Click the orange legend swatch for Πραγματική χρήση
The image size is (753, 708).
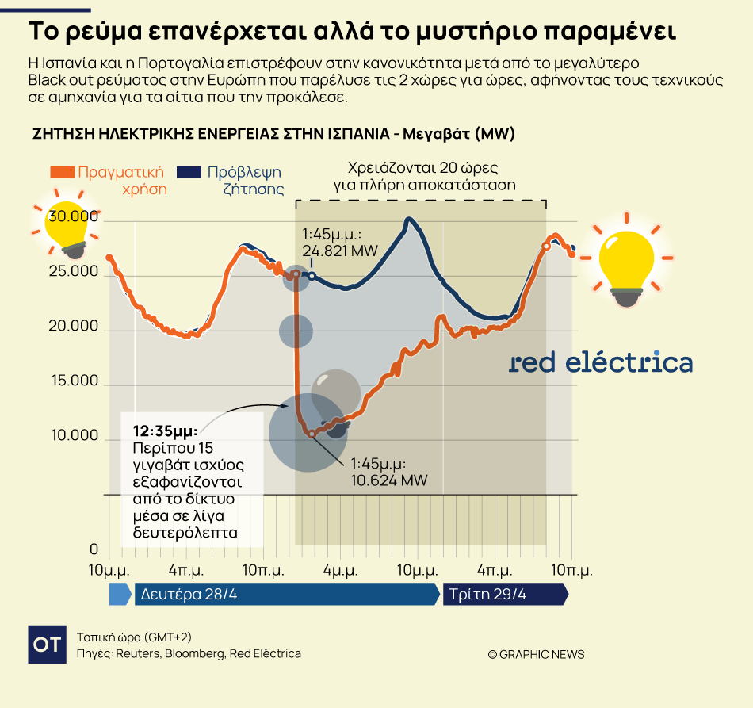click(63, 172)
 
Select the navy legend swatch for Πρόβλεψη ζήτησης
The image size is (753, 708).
click(189, 172)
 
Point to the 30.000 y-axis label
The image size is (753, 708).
click(73, 216)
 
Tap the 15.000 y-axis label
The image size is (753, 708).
click(73, 381)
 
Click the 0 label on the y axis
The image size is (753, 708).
click(94, 550)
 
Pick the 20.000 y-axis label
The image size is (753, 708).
click(73, 327)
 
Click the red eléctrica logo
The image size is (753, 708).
click(600, 362)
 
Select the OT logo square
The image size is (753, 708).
click(47, 644)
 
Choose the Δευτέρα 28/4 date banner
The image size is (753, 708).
click(285, 595)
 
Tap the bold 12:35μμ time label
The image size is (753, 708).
click(165, 431)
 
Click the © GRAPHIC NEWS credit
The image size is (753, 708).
click(536, 654)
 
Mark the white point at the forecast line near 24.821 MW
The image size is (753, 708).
click(312, 276)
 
